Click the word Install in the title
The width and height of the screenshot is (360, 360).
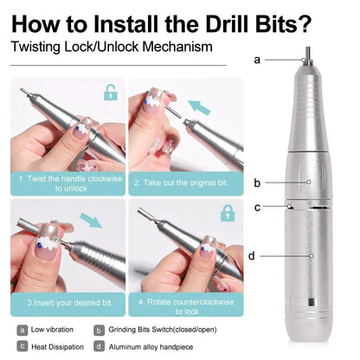tap(131, 22)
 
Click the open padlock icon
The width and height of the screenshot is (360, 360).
tap(109, 93)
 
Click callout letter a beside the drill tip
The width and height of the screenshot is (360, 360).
tap(257, 61)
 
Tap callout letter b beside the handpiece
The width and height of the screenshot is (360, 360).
tap(257, 183)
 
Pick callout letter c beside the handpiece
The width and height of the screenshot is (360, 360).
tap(257, 207)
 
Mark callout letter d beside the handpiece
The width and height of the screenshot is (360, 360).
tap(251, 255)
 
